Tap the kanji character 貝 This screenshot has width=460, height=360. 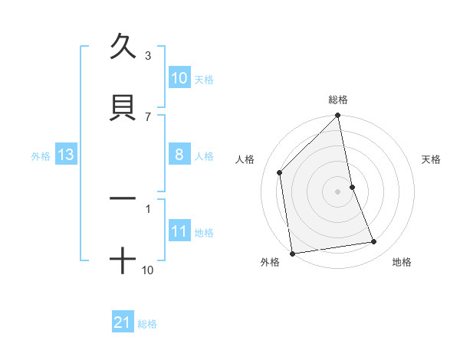click(123, 106)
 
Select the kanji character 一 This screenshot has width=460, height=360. click(123, 198)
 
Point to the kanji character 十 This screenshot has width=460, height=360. click(123, 259)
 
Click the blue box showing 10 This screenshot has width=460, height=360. click(179, 78)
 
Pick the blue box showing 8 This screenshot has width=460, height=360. click(179, 155)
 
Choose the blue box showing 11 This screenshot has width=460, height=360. click(179, 231)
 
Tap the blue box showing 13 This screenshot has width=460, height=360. click(66, 155)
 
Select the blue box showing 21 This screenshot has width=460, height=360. click(123, 322)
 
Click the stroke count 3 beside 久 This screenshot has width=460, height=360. click(148, 56)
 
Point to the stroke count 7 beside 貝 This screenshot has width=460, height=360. click(148, 116)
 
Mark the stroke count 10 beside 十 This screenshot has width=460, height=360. click(149, 270)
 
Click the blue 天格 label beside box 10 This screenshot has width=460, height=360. click(204, 80)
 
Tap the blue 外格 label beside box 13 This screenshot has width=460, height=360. click(41, 156)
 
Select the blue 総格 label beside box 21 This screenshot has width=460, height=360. click(147, 324)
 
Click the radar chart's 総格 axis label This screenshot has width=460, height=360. click(338, 100)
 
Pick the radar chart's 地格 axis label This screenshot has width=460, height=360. click(402, 262)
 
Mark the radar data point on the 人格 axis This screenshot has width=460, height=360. click(280, 172)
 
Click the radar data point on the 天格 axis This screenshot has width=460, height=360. click(352, 187)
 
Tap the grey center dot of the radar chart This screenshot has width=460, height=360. click(338, 191)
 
